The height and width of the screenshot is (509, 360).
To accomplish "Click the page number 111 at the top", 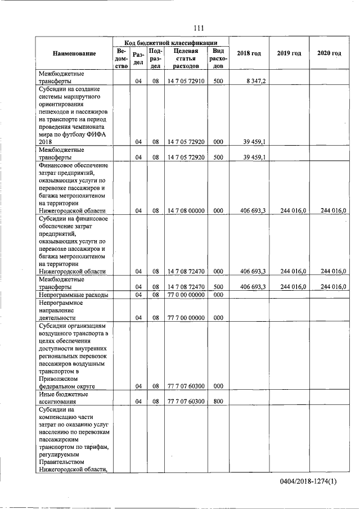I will click(197, 28).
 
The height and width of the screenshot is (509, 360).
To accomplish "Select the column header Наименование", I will click(74, 53).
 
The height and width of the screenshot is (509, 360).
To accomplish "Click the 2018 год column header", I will click(249, 53).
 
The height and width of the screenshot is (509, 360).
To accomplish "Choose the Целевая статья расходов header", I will click(186, 58).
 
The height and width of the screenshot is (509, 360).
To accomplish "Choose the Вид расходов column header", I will click(218, 58).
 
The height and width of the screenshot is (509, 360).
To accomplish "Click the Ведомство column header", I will click(120, 58).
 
